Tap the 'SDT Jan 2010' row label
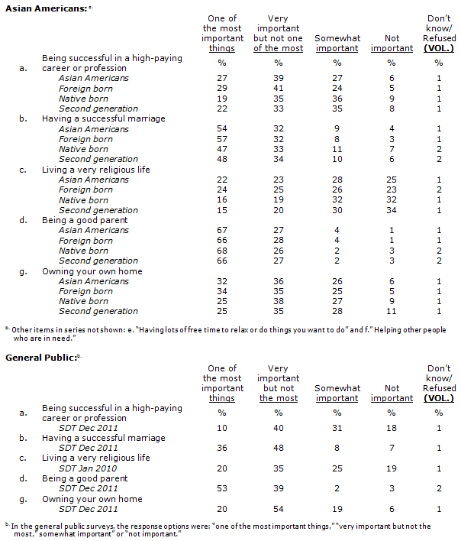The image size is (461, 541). [x=89, y=468]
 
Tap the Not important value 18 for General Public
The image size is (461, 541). [x=392, y=428]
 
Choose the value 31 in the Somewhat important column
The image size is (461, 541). [x=336, y=428]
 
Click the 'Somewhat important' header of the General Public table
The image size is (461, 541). [x=337, y=394]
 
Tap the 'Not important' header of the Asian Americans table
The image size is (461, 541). [x=392, y=44]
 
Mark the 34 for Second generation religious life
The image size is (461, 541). [x=392, y=210]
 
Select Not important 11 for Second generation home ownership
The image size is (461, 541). [x=392, y=311]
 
